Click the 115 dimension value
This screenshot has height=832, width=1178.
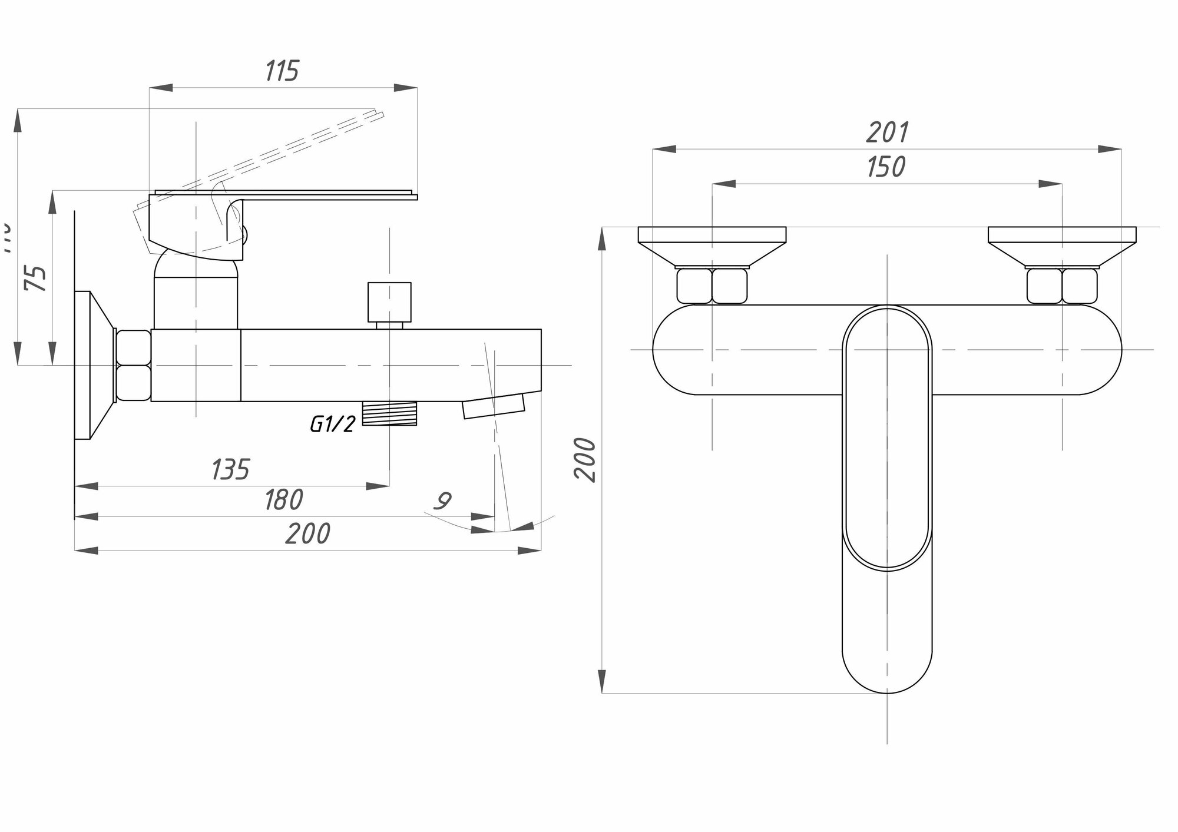[x=282, y=71]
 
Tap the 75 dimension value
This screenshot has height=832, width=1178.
[x=36, y=278]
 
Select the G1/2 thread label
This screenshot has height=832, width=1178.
[x=333, y=423]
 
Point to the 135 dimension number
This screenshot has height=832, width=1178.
[x=230, y=469]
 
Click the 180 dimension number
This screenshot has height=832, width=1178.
[x=283, y=500]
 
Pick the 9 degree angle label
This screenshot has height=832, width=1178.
[x=442, y=501]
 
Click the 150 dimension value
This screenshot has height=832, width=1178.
[x=886, y=167]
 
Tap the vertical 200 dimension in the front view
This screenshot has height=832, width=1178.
[x=586, y=460]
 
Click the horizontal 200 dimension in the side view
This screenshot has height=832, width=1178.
[x=307, y=534]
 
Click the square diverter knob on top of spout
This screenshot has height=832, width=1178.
[x=389, y=301]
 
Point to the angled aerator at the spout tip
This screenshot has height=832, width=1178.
[x=493, y=406]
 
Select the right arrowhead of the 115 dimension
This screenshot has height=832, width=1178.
[x=406, y=88]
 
